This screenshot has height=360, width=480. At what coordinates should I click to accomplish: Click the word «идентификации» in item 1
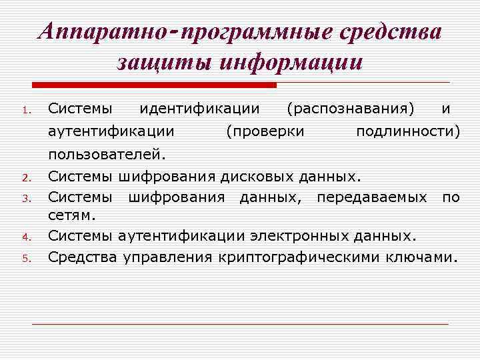tap(199, 107)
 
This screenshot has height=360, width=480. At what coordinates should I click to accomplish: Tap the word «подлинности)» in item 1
tap(408, 131)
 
